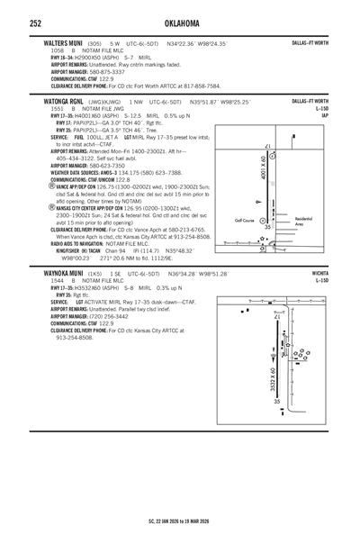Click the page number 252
36,23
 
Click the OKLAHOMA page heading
180,23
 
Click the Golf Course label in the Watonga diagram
244,220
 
